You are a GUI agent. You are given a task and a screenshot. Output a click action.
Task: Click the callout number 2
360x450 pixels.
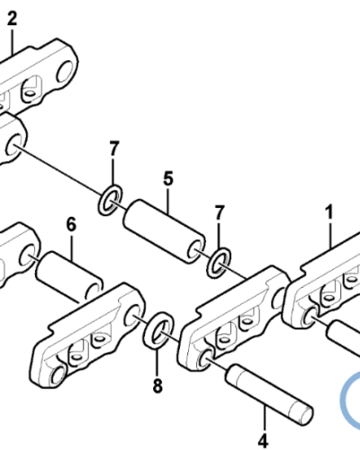[12, 18]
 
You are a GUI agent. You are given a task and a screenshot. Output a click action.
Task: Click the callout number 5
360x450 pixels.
[168, 178]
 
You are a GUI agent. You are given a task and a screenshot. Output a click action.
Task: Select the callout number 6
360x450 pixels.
[71, 224]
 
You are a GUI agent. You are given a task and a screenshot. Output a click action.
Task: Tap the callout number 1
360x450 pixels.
[329, 212]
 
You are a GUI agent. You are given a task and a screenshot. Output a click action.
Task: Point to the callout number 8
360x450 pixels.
[157, 386]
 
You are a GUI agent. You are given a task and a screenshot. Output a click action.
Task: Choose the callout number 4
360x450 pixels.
[263, 441]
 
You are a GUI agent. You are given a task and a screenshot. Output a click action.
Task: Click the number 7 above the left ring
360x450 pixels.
[113, 148]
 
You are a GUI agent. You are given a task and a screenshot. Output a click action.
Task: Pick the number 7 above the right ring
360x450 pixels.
[220, 212]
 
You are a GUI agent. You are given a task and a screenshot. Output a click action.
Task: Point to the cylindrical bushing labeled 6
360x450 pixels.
[69, 275]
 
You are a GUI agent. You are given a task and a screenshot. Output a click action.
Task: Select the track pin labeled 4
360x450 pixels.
[269, 394]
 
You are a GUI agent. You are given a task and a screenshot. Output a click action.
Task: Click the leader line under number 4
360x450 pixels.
[265, 418]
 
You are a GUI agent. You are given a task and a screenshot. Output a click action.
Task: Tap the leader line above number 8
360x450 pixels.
[157, 363]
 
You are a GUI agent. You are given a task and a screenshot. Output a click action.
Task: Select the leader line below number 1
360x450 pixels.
[330, 234]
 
